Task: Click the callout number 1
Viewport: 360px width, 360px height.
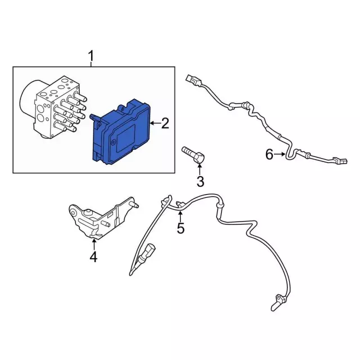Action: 91,56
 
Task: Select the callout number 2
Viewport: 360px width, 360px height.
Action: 165,123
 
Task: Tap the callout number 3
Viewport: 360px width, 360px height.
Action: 200,182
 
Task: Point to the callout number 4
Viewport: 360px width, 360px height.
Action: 93,257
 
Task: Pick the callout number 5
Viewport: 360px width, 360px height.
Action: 181,228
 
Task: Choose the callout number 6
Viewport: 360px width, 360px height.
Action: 269,154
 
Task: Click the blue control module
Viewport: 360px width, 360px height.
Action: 121,132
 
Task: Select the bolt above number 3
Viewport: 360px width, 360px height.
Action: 193,155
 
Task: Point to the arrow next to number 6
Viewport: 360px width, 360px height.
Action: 280,154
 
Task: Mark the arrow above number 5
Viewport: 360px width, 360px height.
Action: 180,217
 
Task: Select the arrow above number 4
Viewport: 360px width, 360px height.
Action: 94,244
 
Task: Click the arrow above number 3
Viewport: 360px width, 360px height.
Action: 200,169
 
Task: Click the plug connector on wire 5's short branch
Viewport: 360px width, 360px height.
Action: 147,252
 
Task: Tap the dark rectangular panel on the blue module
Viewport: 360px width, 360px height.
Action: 126,138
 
